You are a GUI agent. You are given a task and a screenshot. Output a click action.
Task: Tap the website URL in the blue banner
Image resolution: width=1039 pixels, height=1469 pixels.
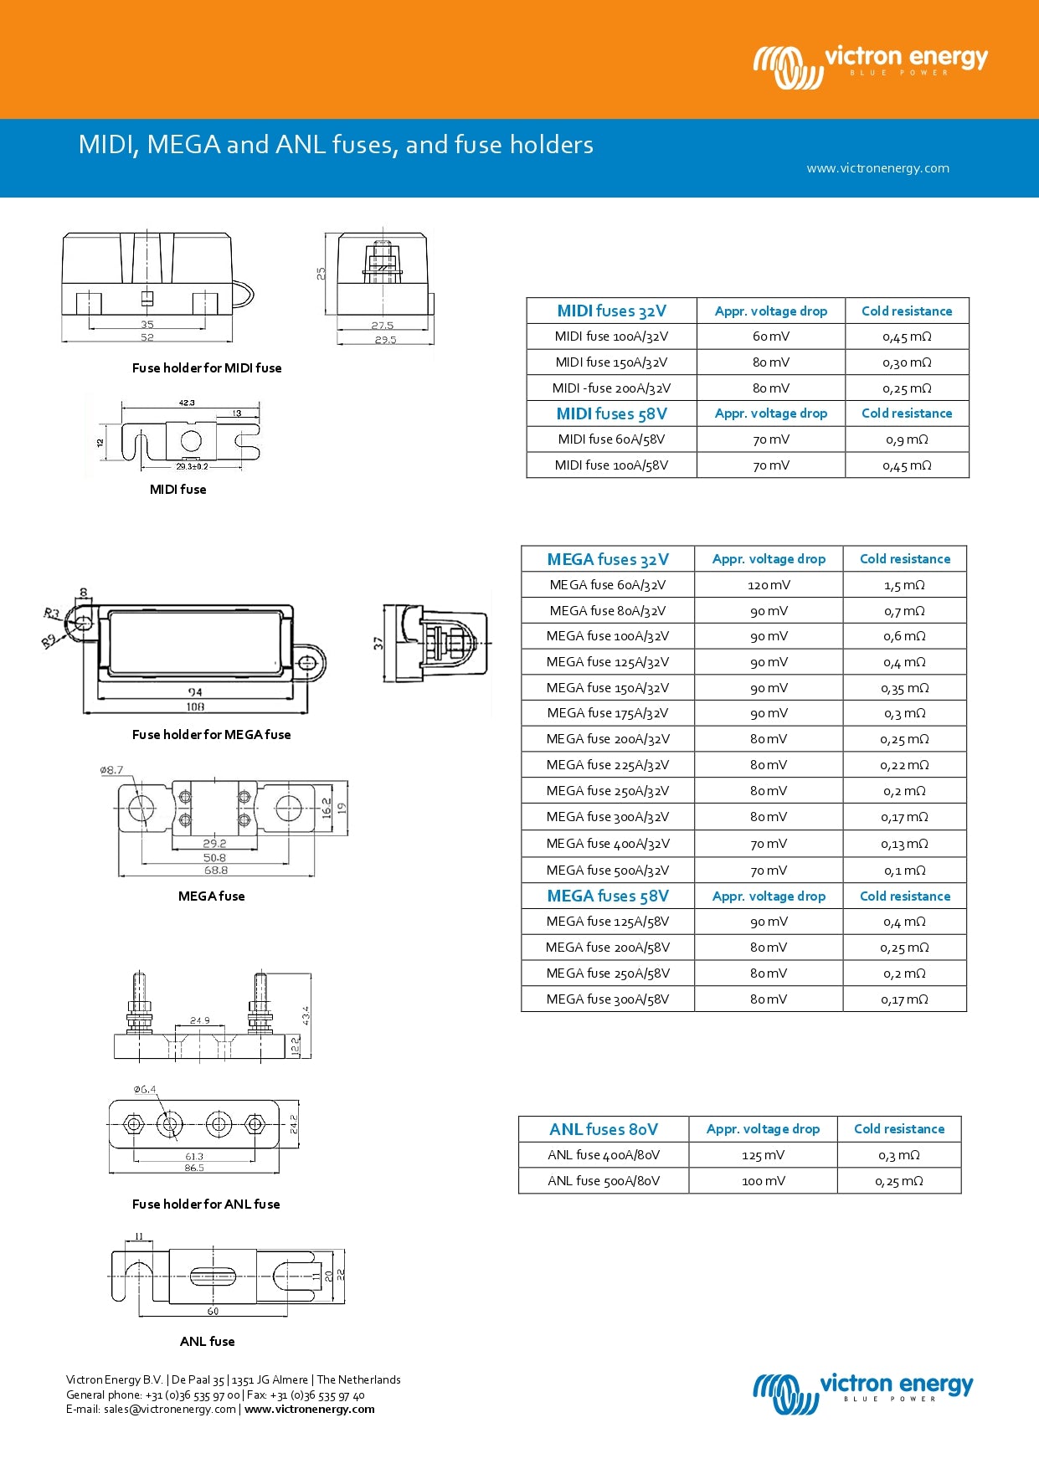pos(877,168)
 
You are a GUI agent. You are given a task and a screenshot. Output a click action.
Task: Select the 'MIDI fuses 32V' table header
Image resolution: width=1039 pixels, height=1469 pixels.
pos(611,311)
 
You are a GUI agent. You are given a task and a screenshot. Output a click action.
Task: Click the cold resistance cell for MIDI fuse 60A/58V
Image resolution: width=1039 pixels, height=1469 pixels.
pos(907,439)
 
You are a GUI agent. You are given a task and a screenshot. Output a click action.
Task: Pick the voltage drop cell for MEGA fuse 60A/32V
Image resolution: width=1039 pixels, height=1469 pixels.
pos(769,585)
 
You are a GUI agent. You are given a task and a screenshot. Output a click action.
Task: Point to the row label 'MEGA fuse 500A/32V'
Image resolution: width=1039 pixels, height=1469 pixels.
pos(608,871)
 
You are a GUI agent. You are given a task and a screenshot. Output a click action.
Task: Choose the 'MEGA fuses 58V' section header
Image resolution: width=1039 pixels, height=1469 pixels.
pos(608,896)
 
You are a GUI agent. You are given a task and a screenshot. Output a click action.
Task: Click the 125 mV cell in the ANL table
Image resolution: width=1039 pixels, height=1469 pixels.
pos(763,1155)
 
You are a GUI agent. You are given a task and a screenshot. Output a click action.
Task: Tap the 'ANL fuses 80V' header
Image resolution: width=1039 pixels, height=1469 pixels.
pos(604,1129)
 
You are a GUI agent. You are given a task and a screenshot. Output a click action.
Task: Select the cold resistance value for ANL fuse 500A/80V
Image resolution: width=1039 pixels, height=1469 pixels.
pos(899,1181)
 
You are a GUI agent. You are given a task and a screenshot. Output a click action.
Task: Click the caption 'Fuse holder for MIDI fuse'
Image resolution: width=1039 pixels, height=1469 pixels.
pos(207,368)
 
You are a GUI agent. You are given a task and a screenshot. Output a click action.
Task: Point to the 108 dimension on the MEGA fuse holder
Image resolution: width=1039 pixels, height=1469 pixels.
pos(195,707)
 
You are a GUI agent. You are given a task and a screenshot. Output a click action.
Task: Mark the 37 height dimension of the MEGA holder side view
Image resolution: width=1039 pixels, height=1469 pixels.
pos(378,643)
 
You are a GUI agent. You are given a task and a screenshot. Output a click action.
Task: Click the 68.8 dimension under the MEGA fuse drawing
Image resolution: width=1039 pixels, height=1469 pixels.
pos(216,871)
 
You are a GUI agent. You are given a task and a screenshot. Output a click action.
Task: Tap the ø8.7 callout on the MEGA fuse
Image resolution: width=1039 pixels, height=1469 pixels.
pos(111,770)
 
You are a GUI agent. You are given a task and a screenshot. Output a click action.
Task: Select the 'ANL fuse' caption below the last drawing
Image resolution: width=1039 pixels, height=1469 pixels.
pos(207,1342)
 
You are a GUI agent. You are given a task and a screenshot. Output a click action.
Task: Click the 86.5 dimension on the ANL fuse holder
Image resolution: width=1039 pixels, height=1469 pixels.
pos(194,1168)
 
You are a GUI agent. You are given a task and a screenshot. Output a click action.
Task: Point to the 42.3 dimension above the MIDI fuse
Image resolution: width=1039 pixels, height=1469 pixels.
pos(187,403)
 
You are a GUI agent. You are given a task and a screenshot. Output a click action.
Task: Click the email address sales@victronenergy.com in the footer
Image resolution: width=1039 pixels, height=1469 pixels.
pos(170,1410)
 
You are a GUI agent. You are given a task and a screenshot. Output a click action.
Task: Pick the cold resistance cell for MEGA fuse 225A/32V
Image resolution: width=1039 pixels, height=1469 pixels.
pos(904,765)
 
